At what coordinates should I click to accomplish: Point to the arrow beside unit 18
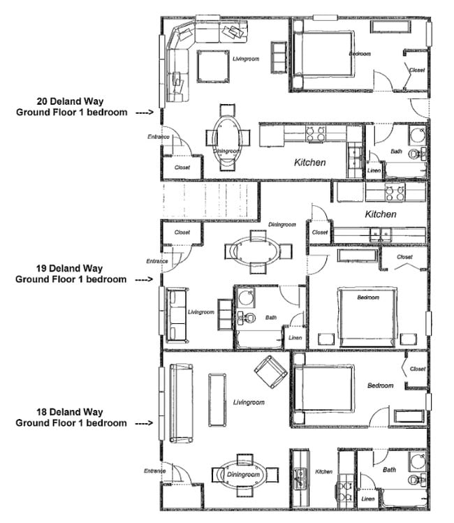[x=144, y=423]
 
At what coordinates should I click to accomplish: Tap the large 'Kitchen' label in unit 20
[x=309, y=162]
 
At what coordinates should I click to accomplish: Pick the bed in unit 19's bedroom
[x=368, y=316]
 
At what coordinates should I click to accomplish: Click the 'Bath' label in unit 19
[x=271, y=318]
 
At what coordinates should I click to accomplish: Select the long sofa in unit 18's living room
[x=181, y=403]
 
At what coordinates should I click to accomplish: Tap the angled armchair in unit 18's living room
[x=271, y=371]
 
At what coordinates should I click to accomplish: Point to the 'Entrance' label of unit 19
[x=157, y=262]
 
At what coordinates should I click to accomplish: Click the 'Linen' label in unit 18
[x=368, y=499]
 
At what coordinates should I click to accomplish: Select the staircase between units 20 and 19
[x=210, y=201]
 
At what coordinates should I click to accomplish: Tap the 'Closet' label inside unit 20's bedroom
[x=417, y=70]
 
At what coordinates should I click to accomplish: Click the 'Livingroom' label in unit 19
[x=201, y=312]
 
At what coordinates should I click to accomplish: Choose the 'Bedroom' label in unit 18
[x=381, y=385]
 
